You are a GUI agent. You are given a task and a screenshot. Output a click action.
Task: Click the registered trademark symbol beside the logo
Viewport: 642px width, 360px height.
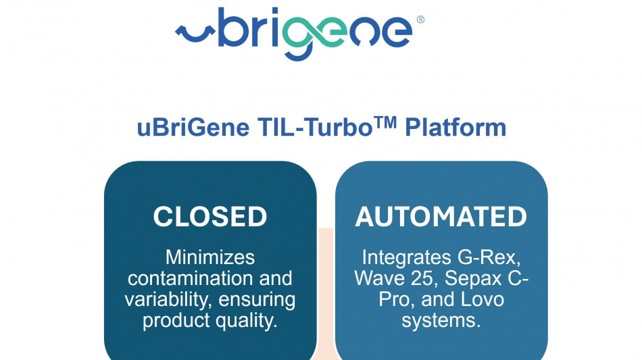point(420,19)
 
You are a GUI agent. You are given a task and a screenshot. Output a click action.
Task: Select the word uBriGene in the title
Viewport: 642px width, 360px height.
point(193,128)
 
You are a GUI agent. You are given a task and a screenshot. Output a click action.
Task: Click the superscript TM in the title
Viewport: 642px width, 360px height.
point(385,122)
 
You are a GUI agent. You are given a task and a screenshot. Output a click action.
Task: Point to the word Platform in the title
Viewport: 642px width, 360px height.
point(455,127)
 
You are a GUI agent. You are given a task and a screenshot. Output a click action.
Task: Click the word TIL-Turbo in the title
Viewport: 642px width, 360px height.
point(315,127)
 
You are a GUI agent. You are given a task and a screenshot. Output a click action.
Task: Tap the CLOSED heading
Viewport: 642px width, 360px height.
point(210,216)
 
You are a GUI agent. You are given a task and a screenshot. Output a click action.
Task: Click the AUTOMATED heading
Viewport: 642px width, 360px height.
point(441,216)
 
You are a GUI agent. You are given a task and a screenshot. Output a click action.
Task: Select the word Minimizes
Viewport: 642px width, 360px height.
point(210,257)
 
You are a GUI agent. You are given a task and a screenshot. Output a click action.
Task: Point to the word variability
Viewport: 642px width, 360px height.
point(168,300)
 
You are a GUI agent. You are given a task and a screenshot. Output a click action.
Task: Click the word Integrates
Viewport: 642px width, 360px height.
point(406,258)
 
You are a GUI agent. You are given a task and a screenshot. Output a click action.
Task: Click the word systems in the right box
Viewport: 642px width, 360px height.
point(441,321)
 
